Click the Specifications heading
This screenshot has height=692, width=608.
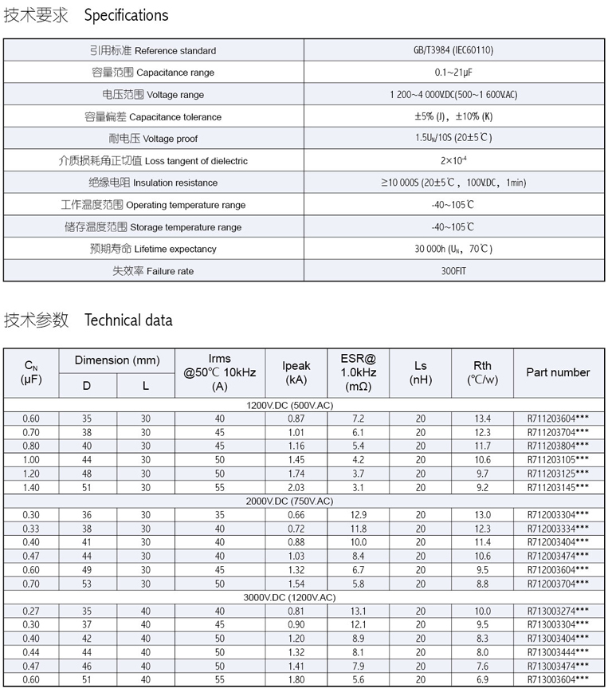coord(127,15)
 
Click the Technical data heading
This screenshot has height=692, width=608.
coord(128,320)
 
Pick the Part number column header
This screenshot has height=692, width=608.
coord(558,372)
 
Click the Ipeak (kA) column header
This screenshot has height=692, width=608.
coord(296,372)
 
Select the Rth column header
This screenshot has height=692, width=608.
coord(482,372)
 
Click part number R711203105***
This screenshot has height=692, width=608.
coord(558,460)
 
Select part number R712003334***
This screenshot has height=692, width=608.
coord(558,529)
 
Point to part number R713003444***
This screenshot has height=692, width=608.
coord(558,652)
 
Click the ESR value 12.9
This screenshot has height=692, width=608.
coord(358,515)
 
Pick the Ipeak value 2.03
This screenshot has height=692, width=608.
coord(296,487)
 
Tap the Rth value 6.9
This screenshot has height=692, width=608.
coord(482,679)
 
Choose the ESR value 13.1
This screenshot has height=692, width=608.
coord(358,611)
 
